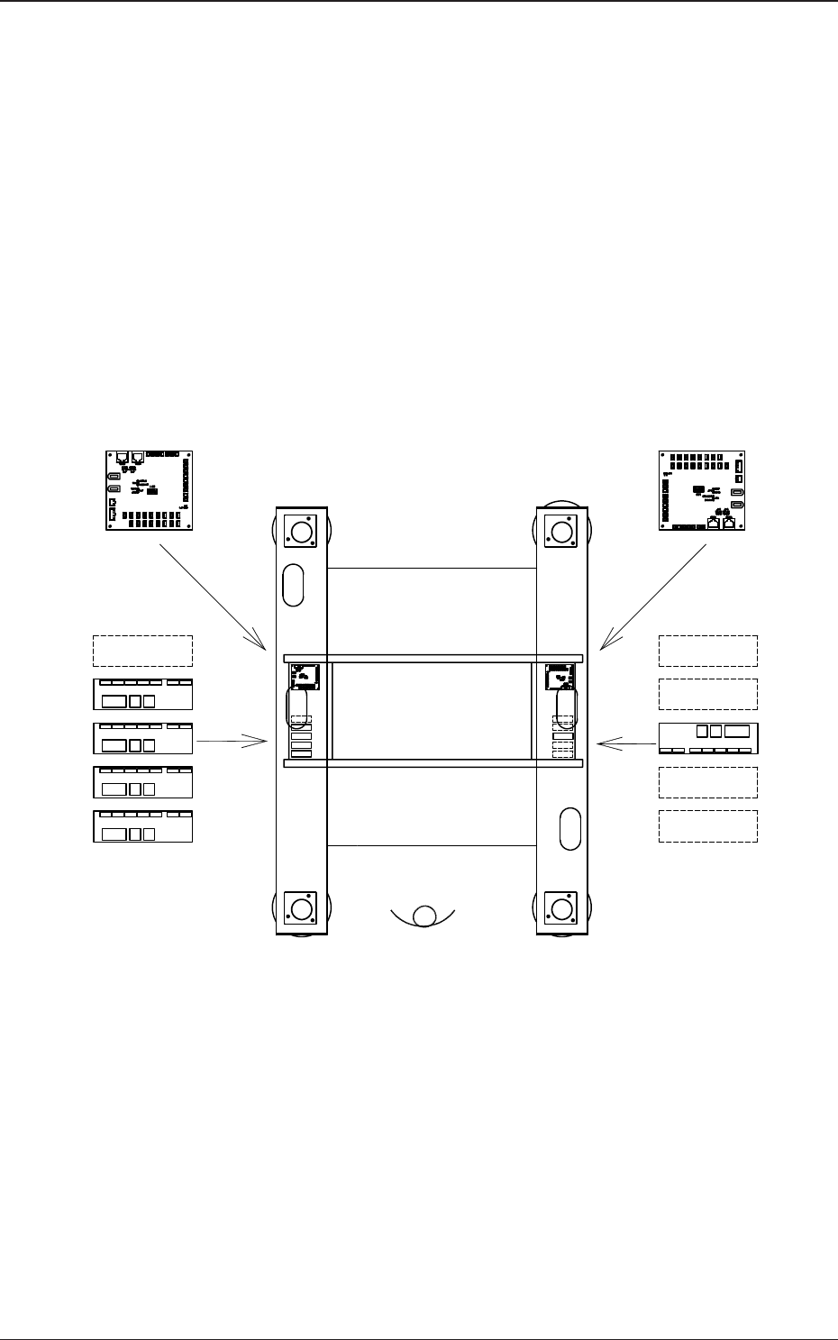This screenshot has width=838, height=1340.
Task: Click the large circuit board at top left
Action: coord(145,490)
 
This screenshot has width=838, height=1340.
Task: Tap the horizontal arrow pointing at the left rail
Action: coord(232,741)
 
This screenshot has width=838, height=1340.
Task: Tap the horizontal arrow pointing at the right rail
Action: coord(627,743)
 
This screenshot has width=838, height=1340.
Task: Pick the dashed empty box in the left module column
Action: coord(143,651)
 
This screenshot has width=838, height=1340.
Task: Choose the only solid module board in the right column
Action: coord(708,738)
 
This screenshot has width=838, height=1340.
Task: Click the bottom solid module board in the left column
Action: coord(143,826)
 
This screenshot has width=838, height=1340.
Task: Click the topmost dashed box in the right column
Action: coord(708,651)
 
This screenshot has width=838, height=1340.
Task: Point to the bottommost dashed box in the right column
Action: coord(708,826)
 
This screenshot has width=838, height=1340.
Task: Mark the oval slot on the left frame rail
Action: coord(294,586)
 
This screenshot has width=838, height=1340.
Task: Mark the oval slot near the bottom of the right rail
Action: coord(570,829)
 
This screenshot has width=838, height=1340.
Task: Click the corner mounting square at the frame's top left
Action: coord(300,531)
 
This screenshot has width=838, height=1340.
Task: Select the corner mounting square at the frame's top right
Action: coord(561,531)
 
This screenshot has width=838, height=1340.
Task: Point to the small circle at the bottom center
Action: coord(424,916)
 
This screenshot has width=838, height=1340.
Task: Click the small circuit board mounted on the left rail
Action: coord(305,677)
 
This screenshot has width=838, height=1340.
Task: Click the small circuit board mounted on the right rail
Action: coord(560,677)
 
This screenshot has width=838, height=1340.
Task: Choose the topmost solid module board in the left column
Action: coord(143,694)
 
